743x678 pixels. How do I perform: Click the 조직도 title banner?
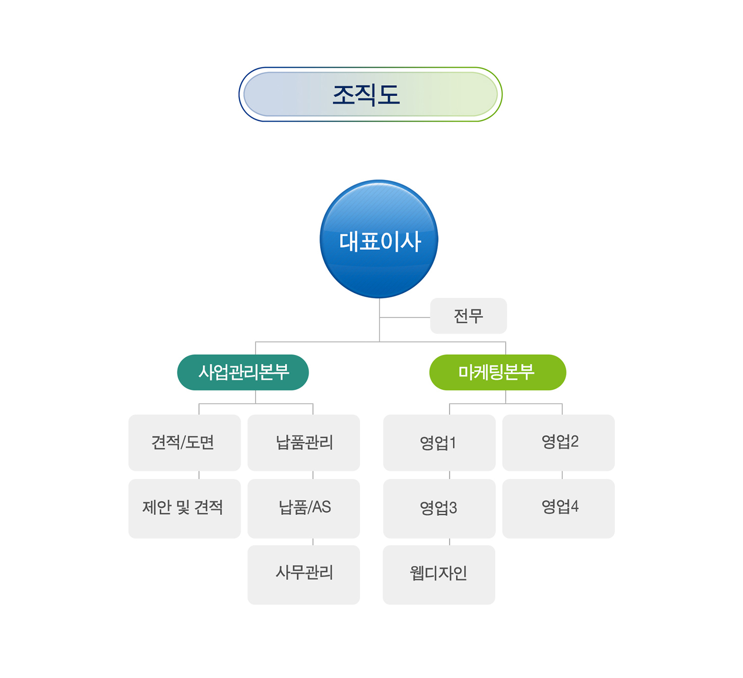(x=371, y=94)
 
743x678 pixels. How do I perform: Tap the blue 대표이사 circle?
(x=379, y=239)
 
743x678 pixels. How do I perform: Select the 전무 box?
(x=468, y=316)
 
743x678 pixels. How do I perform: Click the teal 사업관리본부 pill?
(x=243, y=372)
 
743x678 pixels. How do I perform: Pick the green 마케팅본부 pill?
(x=497, y=372)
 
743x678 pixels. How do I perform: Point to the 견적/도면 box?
(x=184, y=443)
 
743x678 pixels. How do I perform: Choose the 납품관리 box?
(x=304, y=443)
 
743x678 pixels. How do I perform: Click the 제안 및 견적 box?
(x=184, y=508)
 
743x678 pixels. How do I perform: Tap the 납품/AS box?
(x=304, y=508)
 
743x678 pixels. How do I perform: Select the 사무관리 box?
(x=304, y=574)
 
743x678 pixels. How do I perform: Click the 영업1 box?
(x=439, y=443)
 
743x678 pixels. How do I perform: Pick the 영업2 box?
(x=558, y=443)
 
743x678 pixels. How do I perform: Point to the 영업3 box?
(x=439, y=508)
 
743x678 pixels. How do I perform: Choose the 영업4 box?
(x=558, y=508)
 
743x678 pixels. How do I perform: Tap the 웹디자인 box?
(x=439, y=574)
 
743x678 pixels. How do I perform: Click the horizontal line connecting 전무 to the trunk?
(x=405, y=317)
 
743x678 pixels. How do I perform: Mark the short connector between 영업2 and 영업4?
(x=562, y=475)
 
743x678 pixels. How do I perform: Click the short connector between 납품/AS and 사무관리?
(x=313, y=542)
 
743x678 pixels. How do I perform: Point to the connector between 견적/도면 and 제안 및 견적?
(x=199, y=475)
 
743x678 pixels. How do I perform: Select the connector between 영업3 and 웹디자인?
(x=450, y=542)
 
